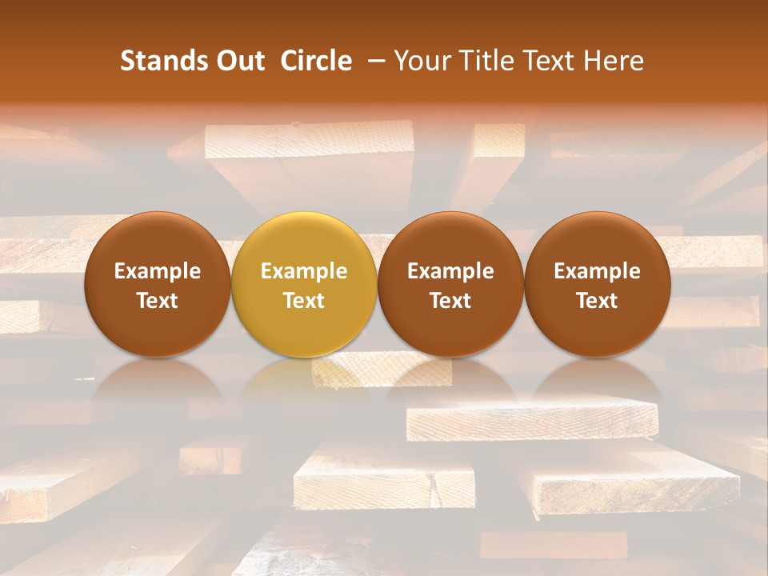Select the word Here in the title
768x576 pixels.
(614, 61)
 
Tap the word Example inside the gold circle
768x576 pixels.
(304, 271)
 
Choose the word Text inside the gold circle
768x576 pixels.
(304, 301)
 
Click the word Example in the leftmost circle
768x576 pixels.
(158, 271)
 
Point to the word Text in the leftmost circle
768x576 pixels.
(158, 301)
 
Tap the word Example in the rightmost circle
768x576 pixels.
(598, 271)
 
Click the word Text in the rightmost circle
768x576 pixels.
(598, 301)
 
